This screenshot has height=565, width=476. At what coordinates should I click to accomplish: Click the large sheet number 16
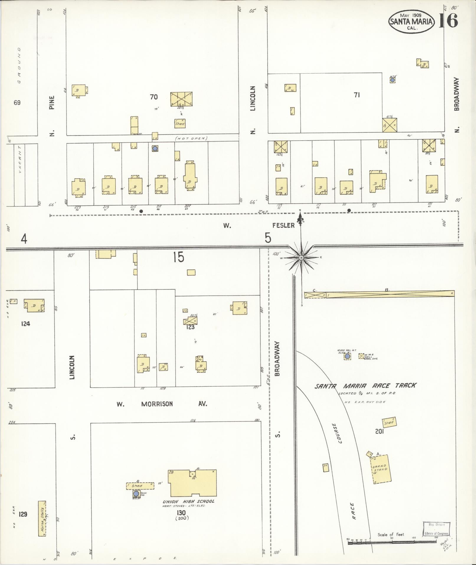pyautogui.click(x=448, y=20)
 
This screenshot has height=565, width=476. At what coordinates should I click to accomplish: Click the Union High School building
pyautogui.click(x=192, y=483)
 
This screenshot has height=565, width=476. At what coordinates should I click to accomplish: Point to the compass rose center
pyautogui.click(x=301, y=258)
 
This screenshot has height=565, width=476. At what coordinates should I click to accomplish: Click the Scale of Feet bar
pyautogui.click(x=392, y=542)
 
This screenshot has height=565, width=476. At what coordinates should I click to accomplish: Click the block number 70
pyautogui.click(x=154, y=97)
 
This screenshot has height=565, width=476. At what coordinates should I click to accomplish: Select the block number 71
pyautogui.click(x=357, y=95)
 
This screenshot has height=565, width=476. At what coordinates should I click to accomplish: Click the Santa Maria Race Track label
pyautogui.click(x=365, y=386)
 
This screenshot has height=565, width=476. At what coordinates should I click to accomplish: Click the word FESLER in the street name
pyautogui.click(x=283, y=226)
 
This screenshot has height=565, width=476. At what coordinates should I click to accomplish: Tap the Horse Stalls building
pyautogui.click(x=42, y=518)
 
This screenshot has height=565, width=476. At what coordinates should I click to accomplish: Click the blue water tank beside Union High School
pyautogui.click(x=136, y=494)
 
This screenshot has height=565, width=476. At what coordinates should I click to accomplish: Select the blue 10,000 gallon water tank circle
pyautogui.click(x=347, y=356)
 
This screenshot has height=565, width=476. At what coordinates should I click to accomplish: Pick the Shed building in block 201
pyautogui.click(x=389, y=423)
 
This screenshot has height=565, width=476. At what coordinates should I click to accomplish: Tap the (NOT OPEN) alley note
pyautogui.click(x=191, y=138)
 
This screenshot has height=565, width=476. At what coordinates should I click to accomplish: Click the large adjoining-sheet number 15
pyautogui.click(x=179, y=257)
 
